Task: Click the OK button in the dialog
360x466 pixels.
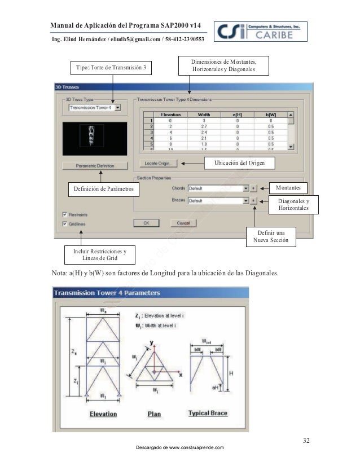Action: tap(146, 223)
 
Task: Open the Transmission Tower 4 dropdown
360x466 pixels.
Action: tap(117, 107)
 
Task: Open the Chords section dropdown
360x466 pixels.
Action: tap(245, 188)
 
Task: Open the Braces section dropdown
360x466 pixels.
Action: tap(245, 200)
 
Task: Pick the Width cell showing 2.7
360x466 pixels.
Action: tap(204, 126)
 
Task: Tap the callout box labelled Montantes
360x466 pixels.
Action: tap(291, 187)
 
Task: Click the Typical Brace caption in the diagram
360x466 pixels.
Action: tap(208, 413)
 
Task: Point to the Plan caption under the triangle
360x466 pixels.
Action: tap(154, 414)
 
